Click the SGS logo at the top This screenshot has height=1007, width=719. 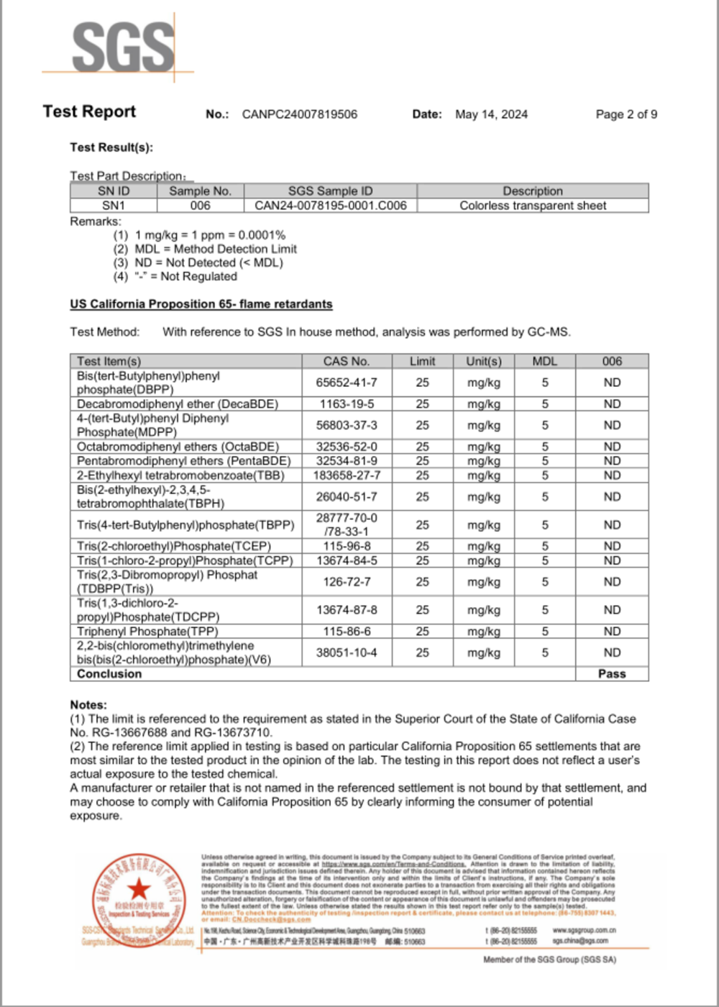click(x=123, y=47)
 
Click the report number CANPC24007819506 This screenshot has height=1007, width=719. click(x=299, y=114)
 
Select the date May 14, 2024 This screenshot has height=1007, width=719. click(x=491, y=114)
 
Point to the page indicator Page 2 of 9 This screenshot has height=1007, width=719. click(x=626, y=114)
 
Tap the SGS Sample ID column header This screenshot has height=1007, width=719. click(x=330, y=191)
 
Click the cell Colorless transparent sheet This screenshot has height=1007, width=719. click(x=533, y=206)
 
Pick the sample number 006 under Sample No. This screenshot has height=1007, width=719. click(x=200, y=206)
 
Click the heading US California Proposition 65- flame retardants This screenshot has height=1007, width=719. click(x=201, y=304)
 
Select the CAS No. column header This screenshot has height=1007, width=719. click(x=346, y=361)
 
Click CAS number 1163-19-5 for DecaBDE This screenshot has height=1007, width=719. click(x=347, y=404)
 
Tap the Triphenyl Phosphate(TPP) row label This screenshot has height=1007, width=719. click(x=147, y=632)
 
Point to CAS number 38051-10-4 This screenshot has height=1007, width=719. click(x=347, y=652)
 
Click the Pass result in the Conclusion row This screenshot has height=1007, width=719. click(x=612, y=674)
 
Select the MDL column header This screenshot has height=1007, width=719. click(x=544, y=361)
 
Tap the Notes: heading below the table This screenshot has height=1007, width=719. click(x=88, y=705)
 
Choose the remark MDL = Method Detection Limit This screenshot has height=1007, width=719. click(x=216, y=249)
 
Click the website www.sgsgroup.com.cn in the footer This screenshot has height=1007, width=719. click(x=584, y=930)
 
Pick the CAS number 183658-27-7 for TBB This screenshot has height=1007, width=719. click(x=347, y=475)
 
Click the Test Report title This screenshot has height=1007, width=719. click(x=89, y=111)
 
